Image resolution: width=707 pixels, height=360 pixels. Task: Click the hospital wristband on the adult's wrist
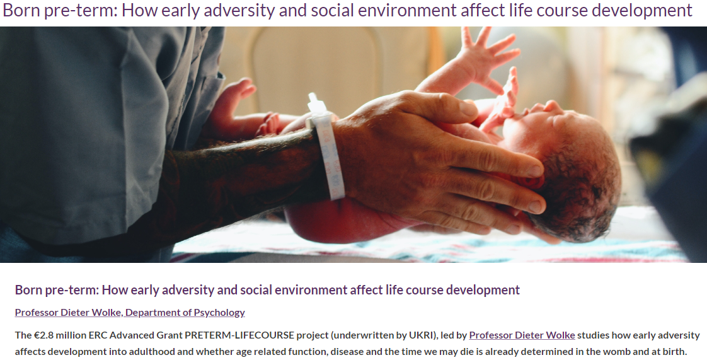click(x=326, y=147)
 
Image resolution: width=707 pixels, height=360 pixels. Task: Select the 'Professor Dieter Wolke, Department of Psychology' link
click(x=130, y=312)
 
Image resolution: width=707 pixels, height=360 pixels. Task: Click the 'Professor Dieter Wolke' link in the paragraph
click(x=522, y=335)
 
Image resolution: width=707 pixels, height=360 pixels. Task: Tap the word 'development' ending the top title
click(x=645, y=11)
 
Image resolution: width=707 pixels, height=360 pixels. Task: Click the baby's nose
click(x=553, y=107)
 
